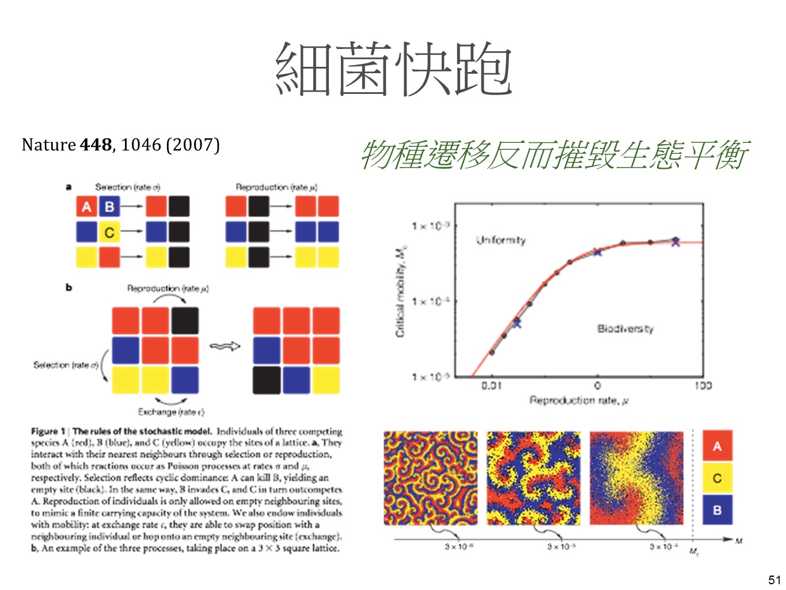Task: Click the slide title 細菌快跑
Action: pyautogui.click(x=394, y=70)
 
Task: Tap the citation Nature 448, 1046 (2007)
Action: pyautogui.click(x=120, y=145)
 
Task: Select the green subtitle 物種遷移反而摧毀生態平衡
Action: pyautogui.click(x=554, y=155)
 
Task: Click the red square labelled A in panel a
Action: pyautogui.click(x=86, y=206)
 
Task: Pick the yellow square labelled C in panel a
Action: pyautogui.click(x=109, y=232)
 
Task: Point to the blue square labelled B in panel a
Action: pyautogui.click(x=109, y=206)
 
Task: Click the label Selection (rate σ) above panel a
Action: pyautogui.click(x=127, y=187)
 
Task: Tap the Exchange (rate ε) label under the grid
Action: pyautogui.click(x=170, y=412)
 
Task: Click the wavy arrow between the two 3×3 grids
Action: pyautogui.click(x=225, y=346)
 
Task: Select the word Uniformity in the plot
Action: pyautogui.click(x=500, y=240)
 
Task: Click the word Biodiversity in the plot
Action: pyautogui.click(x=625, y=328)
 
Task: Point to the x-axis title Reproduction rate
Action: pyautogui.click(x=578, y=400)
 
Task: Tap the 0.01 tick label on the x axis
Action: pyautogui.click(x=491, y=385)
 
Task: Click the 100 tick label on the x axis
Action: pyautogui.click(x=703, y=385)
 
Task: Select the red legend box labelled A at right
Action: pyautogui.click(x=717, y=446)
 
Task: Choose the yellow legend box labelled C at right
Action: pyautogui.click(x=717, y=478)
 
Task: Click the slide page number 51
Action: pyautogui.click(x=774, y=580)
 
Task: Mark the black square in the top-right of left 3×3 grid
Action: pyautogui.click(x=184, y=321)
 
